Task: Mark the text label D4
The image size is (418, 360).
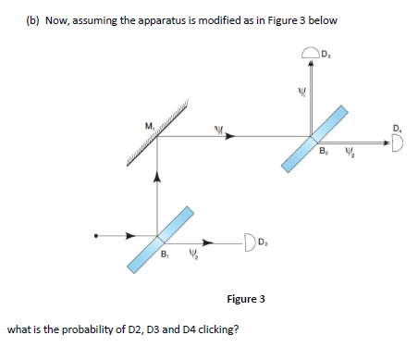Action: point(397,127)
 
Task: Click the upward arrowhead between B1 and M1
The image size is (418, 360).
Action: point(156,176)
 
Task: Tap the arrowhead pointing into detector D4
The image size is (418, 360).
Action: point(384,142)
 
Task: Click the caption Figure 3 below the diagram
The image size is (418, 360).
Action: point(246,299)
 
